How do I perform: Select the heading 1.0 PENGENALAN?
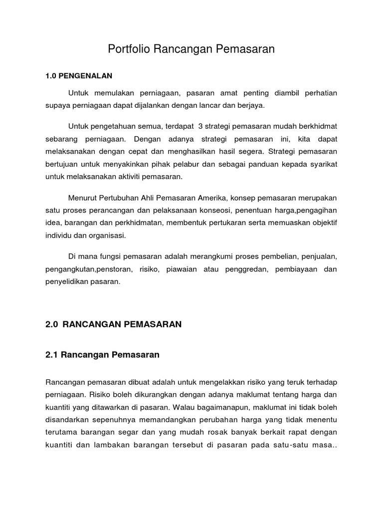tap(79, 76)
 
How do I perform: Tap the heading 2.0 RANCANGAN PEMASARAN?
tap(114, 324)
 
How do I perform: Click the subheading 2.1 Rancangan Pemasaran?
tap(102, 355)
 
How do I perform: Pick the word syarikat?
tap(322, 163)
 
